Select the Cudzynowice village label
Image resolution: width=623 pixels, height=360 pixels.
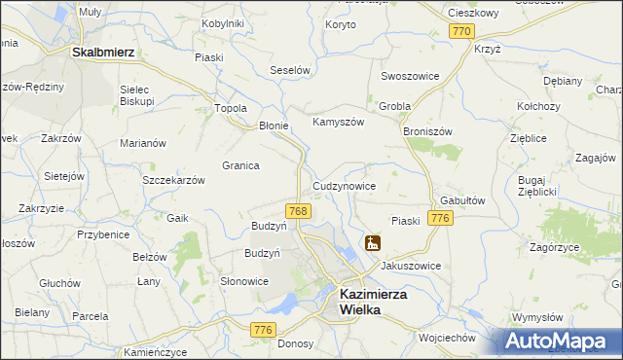[x=344, y=185]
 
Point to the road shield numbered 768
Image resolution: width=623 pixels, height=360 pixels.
[x=299, y=210]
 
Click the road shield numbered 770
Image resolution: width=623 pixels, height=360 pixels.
[x=462, y=31]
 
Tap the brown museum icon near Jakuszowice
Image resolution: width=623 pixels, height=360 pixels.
[x=372, y=243]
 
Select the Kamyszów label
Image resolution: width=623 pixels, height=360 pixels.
[x=337, y=123]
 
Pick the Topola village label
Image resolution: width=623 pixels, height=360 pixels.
[x=230, y=108]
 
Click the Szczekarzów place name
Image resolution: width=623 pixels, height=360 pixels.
[x=173, y=180]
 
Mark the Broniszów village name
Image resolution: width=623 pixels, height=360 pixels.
[x=428, y=129]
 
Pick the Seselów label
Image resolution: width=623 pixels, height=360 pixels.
[x=289, y=71]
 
